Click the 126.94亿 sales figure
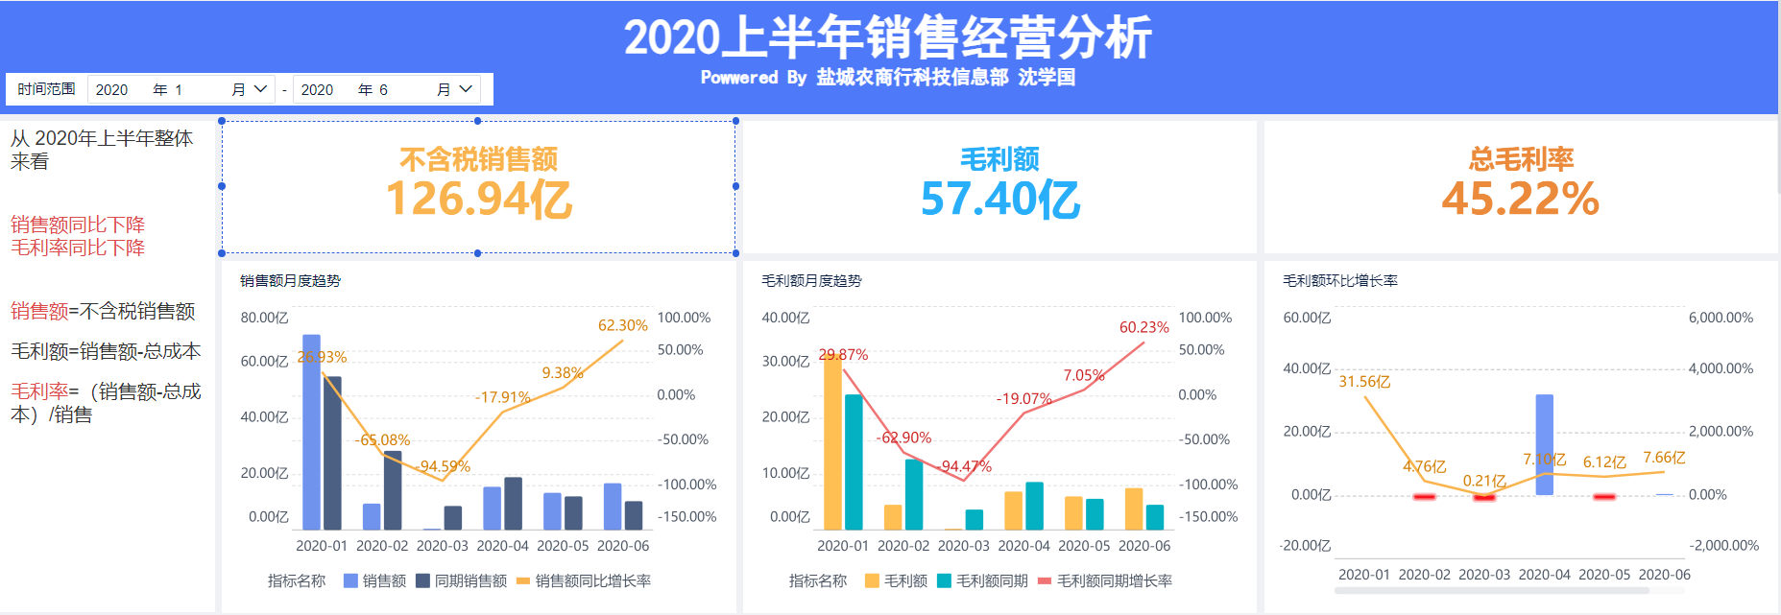coord(478,200)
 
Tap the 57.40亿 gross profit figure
coord(999,200)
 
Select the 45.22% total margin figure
coord(1520,200)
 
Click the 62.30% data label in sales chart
coord(622,325)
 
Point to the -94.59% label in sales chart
coord(444,466)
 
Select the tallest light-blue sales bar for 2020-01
coord(311,432)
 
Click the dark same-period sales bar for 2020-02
coord(393,490)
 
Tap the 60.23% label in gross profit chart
coord(1143,327)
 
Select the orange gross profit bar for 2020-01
coord(832,441)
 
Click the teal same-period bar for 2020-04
coord(1034,506)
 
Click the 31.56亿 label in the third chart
coord(1364,382)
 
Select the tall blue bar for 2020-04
coord(1544,444)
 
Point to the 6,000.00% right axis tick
coord(1721,318)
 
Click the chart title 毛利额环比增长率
coord(1339,280)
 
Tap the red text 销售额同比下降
coord(78,225)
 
